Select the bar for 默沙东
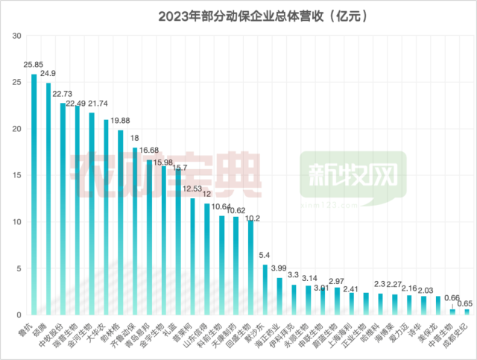pyautogui.click(x=265, y=290)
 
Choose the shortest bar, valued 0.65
pyautogui.click(x=467, y=312)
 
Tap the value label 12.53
pyautogui.click(x=191, y=189)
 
